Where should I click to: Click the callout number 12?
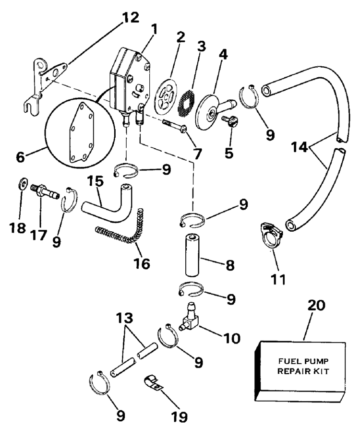129,18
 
